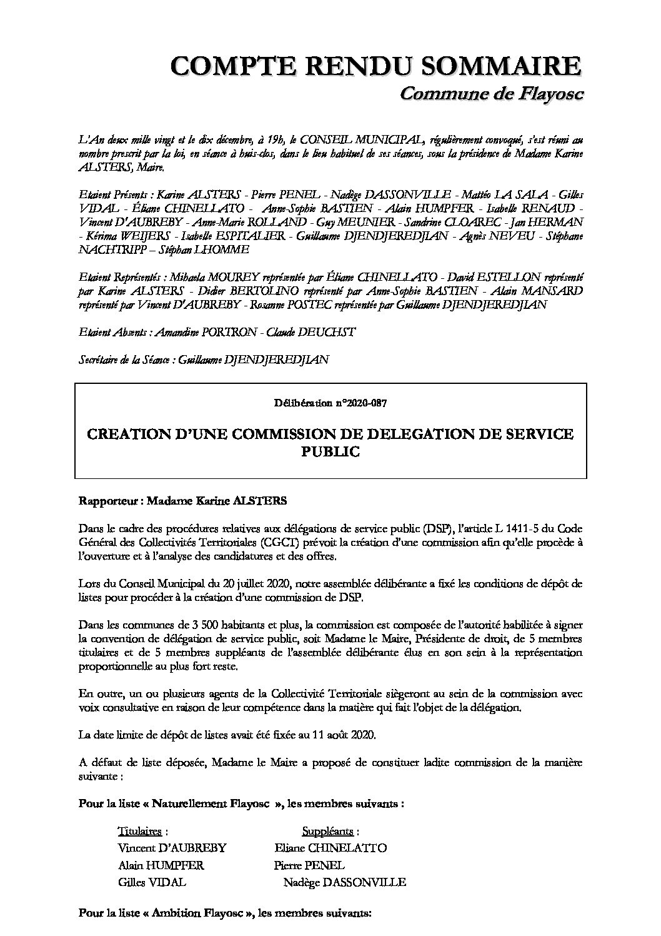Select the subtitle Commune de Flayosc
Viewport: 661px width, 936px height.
(490, 94)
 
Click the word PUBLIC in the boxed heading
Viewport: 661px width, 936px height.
(330, 451)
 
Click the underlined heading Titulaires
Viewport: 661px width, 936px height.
(141, 832)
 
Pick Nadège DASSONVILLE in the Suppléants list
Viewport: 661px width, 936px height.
(344, 882)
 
